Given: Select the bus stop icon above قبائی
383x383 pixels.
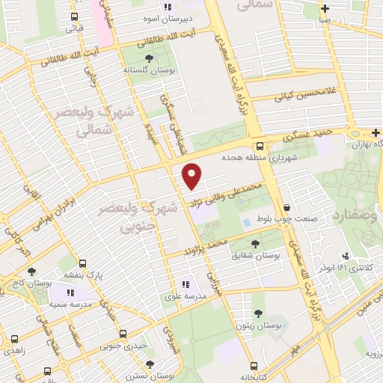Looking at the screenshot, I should [74, 16].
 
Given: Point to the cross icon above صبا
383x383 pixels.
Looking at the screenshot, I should [324, 9].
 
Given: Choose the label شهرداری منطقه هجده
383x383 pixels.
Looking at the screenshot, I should [259, 158].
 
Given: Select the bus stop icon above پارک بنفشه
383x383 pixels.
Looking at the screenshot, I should [82, 263].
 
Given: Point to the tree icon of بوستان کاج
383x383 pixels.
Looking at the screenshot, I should [31, 271].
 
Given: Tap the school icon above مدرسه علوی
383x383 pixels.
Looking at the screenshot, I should [185, 284].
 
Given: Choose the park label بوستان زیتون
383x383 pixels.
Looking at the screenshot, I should [258, 325].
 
